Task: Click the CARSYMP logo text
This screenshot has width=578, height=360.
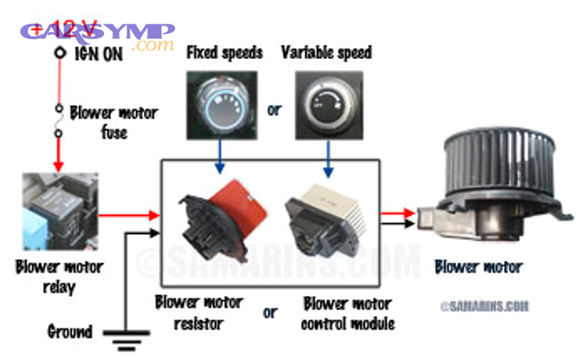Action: point(96,32)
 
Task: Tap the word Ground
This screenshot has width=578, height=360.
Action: point(70,332)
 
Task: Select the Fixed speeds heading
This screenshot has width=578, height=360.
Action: point(224,53)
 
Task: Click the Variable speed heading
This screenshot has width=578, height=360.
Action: point(326,53)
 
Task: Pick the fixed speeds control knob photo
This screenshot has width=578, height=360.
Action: point(222,105)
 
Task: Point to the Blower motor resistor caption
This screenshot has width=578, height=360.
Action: point(198,312)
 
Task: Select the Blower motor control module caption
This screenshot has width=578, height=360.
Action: point(347,313)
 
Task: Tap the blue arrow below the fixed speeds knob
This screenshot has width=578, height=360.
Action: point(220,157)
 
